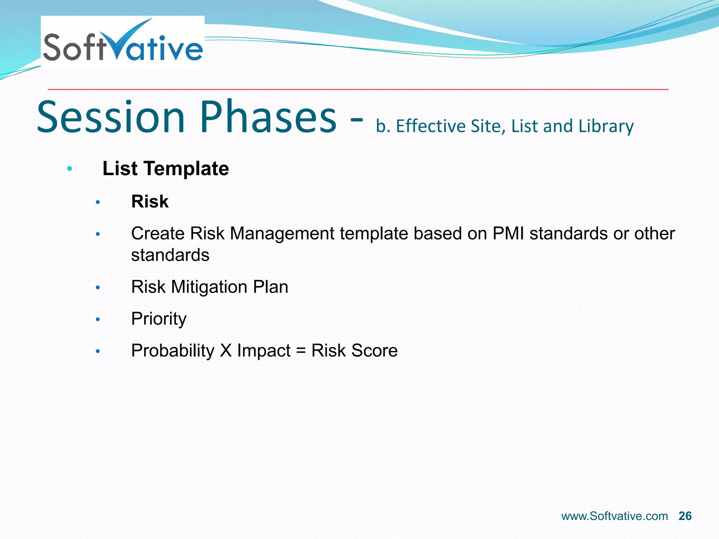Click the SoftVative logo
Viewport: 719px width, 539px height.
123,42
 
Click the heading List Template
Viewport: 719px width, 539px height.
165,169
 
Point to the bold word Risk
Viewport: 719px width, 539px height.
150,202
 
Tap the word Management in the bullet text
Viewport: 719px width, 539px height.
282,234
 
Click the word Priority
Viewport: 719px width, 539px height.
159,319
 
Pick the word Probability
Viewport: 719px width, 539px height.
173,351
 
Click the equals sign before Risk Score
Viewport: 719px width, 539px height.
301,351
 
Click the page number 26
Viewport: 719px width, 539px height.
685,516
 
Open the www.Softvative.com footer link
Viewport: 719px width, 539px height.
614,516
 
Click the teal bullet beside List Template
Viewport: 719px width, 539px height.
70,169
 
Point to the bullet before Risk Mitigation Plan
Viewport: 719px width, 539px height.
98,288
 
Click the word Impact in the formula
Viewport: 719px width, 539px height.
264,351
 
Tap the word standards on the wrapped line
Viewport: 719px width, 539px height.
170,255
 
